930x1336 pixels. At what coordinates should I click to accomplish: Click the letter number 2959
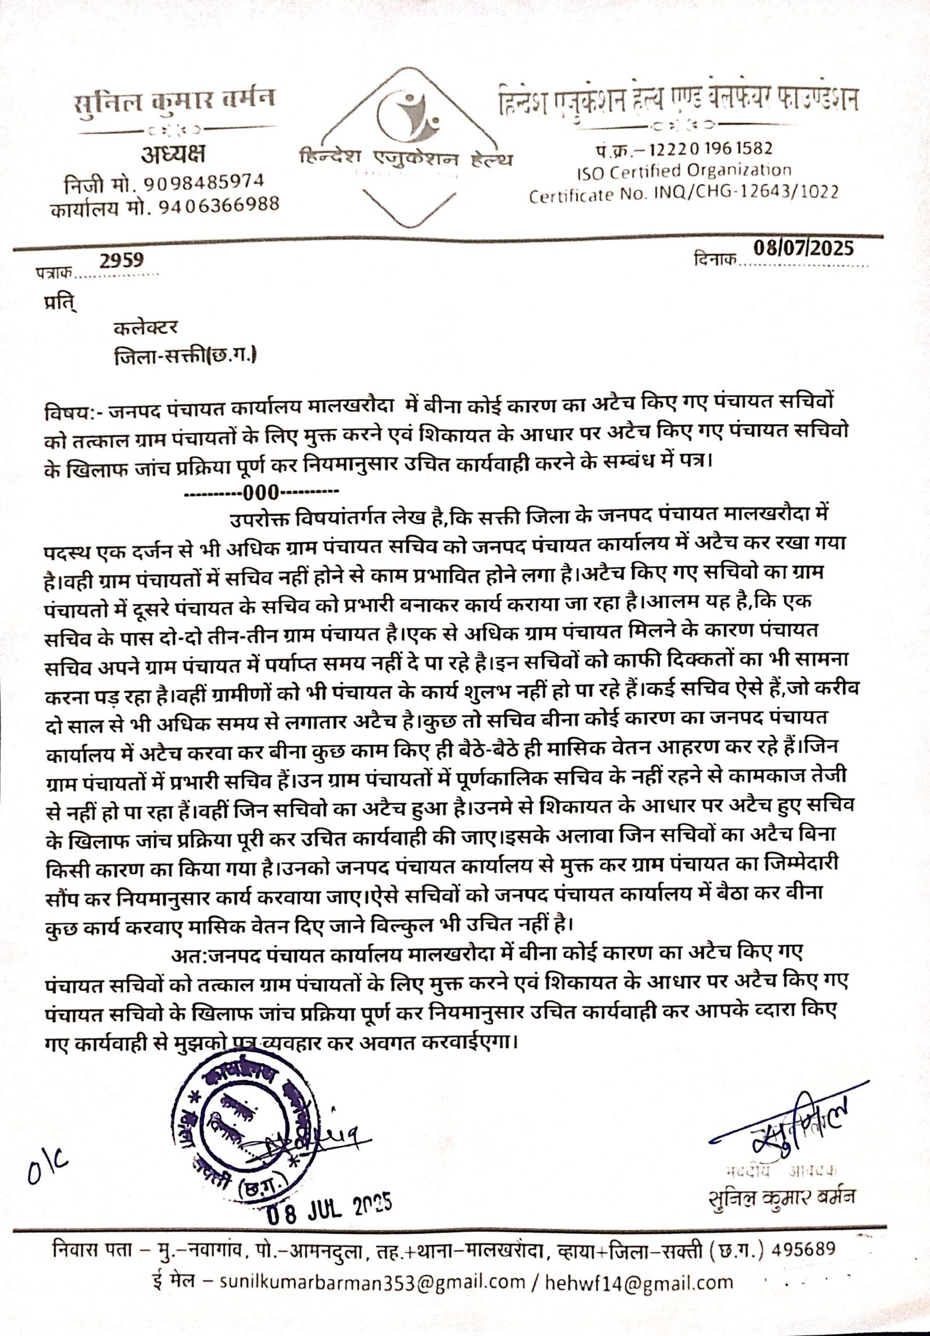tap(121, 260)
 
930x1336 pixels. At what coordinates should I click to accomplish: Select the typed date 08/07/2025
tap(804, 249)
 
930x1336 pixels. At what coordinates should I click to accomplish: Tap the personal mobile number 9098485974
tap(203, 182)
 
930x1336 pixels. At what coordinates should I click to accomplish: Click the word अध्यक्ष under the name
tap(173, 155)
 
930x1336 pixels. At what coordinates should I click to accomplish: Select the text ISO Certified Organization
tap(684, 171)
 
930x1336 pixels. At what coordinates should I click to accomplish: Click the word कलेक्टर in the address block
tap(146, 328)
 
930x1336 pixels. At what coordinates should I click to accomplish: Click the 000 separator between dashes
tap(262, 493)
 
